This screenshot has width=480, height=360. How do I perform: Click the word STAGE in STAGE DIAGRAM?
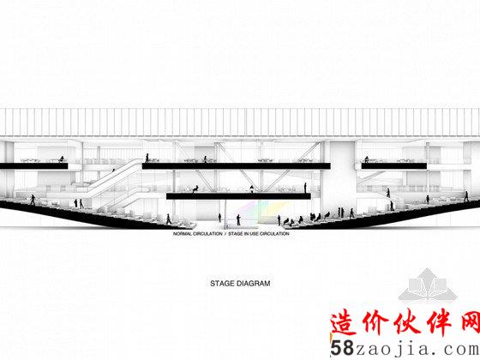point(222,284)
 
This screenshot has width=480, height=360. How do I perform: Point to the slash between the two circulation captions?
point(225,233)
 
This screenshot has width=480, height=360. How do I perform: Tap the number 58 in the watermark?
point(342,348)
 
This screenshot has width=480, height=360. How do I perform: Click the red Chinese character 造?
point(345,322)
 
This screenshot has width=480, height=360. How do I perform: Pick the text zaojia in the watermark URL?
point(396,349)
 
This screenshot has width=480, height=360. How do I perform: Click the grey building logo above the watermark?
point(428,285)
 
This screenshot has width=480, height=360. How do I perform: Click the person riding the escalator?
point(113,170)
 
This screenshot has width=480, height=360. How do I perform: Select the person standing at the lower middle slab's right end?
point(305,188)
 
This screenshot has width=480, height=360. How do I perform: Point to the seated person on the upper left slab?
point(62,159)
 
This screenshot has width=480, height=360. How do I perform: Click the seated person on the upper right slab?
point(367,159)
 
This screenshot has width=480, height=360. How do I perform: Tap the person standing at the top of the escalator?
point(147,158)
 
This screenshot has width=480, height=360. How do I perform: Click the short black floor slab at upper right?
point(394,166)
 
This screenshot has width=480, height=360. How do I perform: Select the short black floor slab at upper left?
point(34,166)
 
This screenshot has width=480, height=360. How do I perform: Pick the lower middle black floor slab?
point(238,196)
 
